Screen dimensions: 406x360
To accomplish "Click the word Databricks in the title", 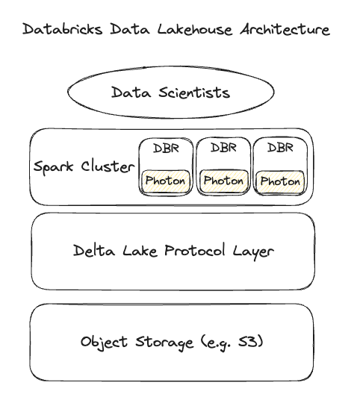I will click(x=58, y=30).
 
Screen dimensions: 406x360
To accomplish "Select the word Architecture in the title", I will click(x=285, y=30).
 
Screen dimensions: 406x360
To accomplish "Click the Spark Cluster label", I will click(x=84, y=166).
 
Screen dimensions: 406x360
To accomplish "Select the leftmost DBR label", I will click(x=165, y=148).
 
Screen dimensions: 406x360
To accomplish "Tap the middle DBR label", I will click(x=223, y=148).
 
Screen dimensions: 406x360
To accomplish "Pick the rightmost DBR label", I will click(x=280, y=148).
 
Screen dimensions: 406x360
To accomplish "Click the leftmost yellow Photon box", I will click(x=166, y=181).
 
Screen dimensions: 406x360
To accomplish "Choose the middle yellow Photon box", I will click(x=223, y=181).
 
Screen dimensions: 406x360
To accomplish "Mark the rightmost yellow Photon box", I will click(x=280, y=181).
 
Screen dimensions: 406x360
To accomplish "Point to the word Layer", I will click(x=253, y=251).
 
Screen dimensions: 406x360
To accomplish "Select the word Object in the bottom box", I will click(x=104, y=343).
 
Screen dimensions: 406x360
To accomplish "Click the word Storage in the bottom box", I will click(x=161, y=343).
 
